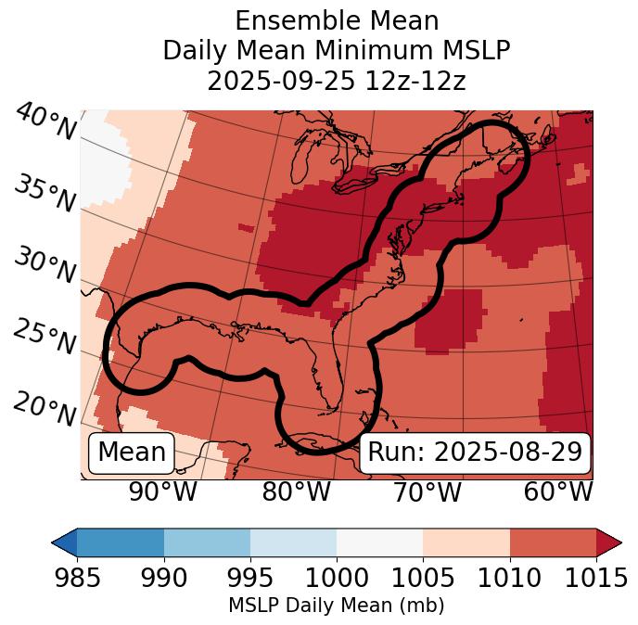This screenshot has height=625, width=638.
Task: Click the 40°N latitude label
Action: click(x=45, y=122)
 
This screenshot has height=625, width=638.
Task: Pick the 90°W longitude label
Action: click(x=163, y=491)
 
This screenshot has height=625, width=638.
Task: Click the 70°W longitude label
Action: click(x=427, y=491)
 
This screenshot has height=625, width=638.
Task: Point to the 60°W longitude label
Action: click(x=558, y=491)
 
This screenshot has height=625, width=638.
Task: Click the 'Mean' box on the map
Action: click(x=132, y=453)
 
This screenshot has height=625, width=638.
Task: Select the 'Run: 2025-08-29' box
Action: click(x=475, y=453)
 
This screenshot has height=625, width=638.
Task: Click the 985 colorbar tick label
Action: click(x=78, y=578)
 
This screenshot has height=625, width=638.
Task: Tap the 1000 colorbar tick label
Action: click(x=337, y=578)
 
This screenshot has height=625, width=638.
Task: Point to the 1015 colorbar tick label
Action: click(x=596, y=578)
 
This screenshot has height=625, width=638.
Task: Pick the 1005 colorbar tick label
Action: click(x=423, y=578)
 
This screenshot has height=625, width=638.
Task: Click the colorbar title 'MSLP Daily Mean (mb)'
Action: click(x=336, y=606)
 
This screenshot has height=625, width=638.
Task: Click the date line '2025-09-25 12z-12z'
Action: click(x=337, y=81)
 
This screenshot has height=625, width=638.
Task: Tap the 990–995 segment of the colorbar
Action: click(x=207, y=542)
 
